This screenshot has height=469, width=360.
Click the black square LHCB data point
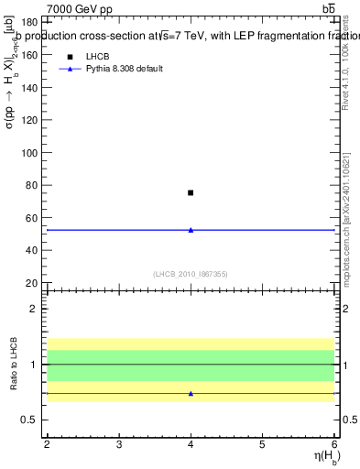191,192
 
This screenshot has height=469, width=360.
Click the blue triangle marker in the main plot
191,230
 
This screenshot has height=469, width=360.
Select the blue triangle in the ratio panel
191,393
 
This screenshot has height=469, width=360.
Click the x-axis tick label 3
119,444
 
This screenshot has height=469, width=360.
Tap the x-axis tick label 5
263,444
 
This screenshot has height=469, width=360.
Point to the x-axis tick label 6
334,444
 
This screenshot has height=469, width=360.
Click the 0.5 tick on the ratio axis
31,420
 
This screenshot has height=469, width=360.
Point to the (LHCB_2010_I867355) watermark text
191,273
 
